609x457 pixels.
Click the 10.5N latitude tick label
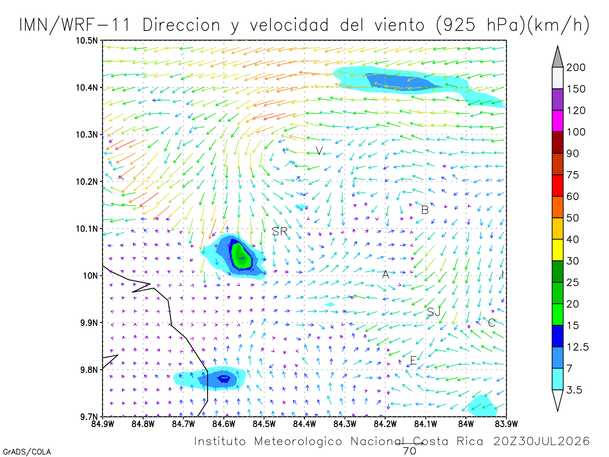click(87, 41)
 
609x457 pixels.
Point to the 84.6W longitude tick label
click(224, 425)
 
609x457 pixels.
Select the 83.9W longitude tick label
click(506, 425)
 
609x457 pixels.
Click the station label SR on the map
click(280, 232)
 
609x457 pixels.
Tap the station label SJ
click(433, 312)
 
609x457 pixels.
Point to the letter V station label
click(319, 151)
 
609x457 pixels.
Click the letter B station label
click(425, 210)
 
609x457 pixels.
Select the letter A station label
click(385, 274)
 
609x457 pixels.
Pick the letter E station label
click(414, 361)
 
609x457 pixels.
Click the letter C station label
click(491, 323)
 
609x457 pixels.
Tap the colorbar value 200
click(576, 68)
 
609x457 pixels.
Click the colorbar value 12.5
click(578, 347)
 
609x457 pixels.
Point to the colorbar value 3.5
click(574, 390)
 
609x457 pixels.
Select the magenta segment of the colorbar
click(557, 121)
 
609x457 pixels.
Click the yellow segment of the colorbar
click(557, 250)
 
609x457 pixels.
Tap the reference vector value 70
click(410, 451)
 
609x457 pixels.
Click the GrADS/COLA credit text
click(27, 452)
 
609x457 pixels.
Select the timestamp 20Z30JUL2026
click(542, 441)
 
